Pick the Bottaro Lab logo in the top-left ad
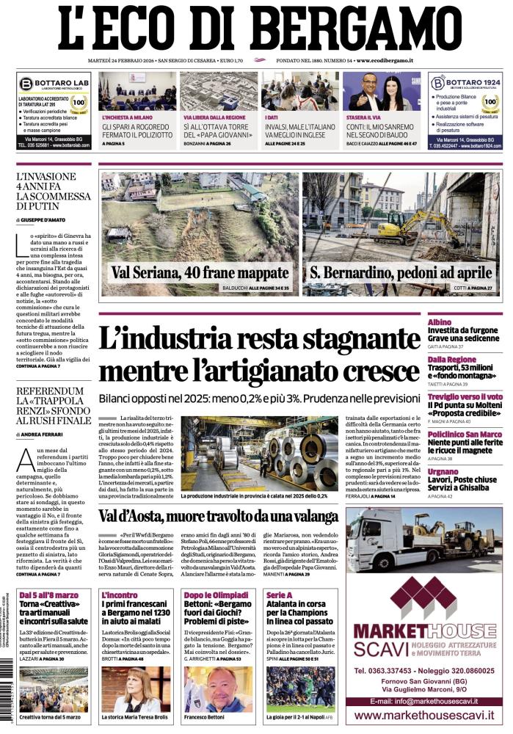(x=27, y=84)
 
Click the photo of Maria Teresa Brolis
(x=137, y=687)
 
